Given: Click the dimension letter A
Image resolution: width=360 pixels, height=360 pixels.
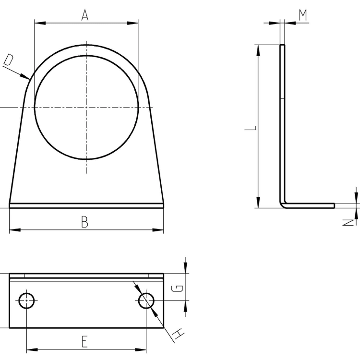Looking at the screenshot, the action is coord(85,15).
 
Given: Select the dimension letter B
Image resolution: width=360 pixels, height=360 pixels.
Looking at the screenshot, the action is coord(84,222).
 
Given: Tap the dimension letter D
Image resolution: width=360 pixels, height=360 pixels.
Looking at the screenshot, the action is coord(9,60).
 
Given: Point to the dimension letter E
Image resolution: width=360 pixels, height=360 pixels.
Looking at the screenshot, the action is coord(84,341).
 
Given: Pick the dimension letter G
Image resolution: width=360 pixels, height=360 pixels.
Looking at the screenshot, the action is coord(178,288).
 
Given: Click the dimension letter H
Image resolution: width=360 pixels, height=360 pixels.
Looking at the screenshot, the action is coord(179,334).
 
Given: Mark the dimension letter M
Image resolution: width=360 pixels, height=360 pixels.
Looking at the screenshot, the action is coord(303,15).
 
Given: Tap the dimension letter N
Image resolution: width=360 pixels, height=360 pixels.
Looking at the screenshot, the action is coord(348,222).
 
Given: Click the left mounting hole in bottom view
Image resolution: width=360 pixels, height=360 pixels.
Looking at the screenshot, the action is coord(26,300).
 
